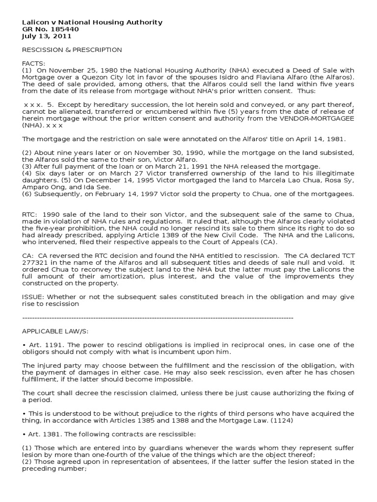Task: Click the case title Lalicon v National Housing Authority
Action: (92, 23)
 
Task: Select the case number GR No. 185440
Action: (51, 29)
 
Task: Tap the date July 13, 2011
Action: (47, 36)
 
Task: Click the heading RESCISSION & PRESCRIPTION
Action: (72, 50)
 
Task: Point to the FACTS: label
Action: (33, 64)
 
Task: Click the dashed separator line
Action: (158, 318)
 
